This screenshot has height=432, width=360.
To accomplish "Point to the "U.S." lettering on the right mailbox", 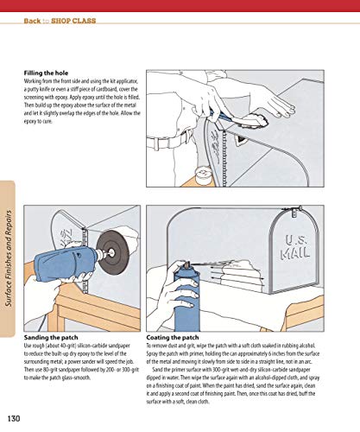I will coord(297,232).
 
